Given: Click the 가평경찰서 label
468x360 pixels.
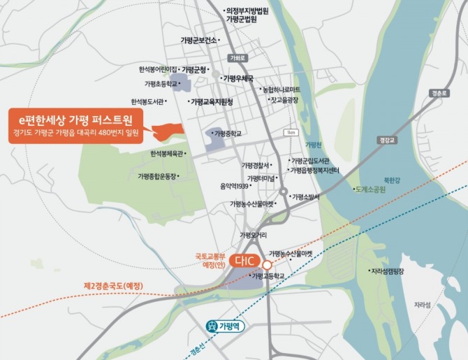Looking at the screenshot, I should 256,165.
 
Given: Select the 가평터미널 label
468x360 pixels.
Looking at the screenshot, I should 263,178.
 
